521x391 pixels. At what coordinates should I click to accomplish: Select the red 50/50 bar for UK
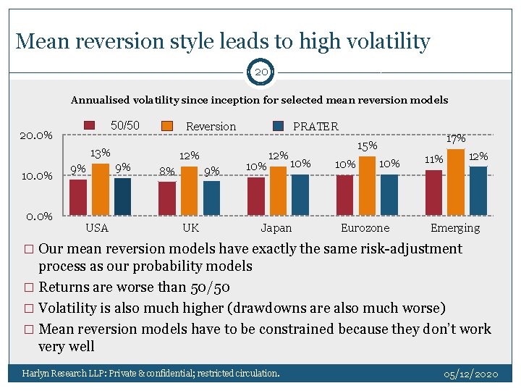tap(167, 198)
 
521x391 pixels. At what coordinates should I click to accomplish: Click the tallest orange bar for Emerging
tap(456, 181)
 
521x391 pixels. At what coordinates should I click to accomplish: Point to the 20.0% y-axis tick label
tap(35, 135)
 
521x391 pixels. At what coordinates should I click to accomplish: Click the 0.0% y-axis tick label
tap(35, 216)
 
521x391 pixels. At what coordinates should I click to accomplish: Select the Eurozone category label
tap(365, 228)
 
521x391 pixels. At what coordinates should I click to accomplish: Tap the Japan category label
tap(276, 228)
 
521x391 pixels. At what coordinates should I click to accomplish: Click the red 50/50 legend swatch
tap(90, 125)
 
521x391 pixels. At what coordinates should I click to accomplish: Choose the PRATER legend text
tap(315, 126)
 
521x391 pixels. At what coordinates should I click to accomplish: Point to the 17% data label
tap(457, 138)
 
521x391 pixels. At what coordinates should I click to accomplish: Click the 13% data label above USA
tap(100, 153)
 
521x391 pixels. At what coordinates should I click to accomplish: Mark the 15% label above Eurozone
tap(368, 146)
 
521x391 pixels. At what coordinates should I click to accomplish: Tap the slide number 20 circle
tap(260, 72)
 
